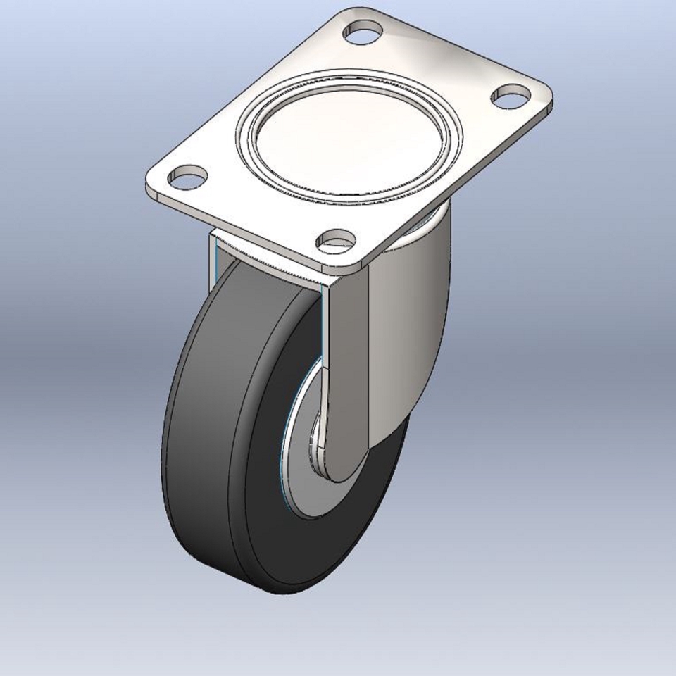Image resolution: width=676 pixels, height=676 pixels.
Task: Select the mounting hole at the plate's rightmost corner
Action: coord(512,96)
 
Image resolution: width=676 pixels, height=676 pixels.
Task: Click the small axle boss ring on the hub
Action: coord(314,451)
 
